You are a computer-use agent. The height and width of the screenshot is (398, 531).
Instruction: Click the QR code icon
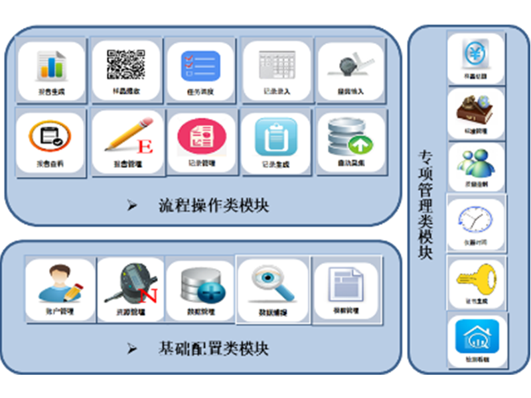click(126, 64)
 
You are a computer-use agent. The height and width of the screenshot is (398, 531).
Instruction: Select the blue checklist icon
click(200, 66)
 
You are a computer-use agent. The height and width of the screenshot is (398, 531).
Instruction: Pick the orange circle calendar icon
click(50, 136)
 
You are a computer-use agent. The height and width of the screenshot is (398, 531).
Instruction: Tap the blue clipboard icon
click(275, 135)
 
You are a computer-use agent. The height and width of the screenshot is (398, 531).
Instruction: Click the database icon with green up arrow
click(350, 136)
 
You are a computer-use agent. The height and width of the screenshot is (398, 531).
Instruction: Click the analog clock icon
click(476, 219)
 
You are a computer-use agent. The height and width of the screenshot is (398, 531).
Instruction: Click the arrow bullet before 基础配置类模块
click(133, 348)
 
